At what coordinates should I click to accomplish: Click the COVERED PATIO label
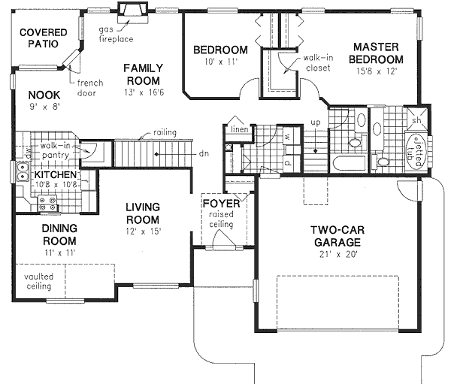[x=43, y=38]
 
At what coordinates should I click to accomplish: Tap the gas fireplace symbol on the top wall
[x=134, y=9]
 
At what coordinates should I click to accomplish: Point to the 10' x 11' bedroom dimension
[x=215, y=62]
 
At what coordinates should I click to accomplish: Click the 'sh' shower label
[x=415, y=120]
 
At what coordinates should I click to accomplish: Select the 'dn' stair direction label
[x=204, y=153]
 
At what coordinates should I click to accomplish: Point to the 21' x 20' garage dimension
[x=338, y=255]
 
